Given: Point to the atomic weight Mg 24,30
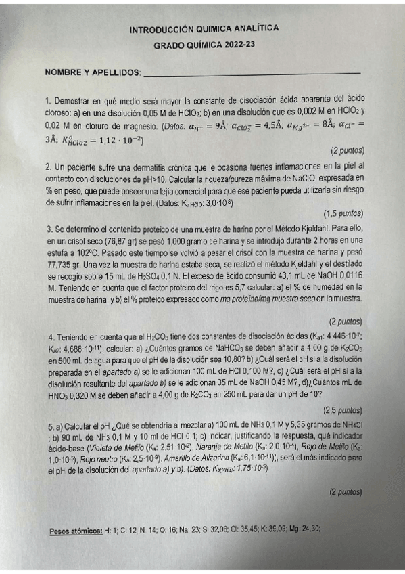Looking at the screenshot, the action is click(302, 530).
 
